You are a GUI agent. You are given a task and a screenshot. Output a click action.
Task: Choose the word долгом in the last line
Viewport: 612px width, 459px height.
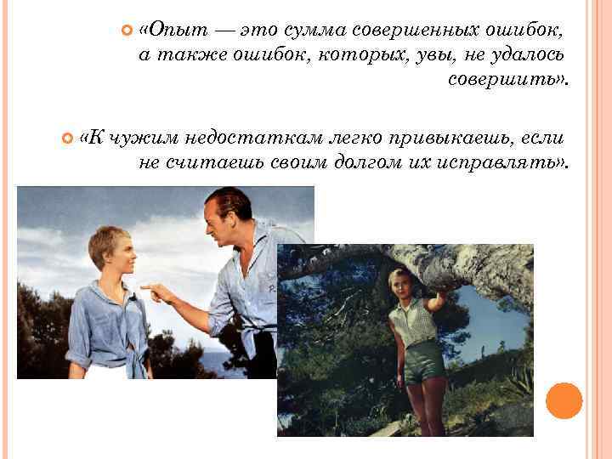tap(360, 162)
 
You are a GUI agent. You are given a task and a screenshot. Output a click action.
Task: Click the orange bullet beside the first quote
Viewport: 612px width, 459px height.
tap(127, 31)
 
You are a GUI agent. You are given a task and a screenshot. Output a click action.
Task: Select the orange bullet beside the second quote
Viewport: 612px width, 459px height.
tap(68, 138)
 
